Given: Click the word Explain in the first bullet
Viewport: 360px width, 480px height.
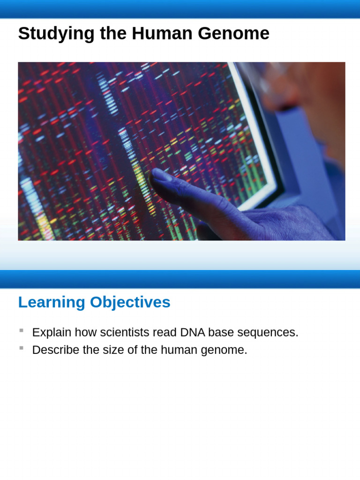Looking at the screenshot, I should tap(52, 332).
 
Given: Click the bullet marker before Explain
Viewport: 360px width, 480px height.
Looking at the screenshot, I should tap(21, 330).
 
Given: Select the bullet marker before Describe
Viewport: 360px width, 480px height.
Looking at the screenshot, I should tap(21, 348).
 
